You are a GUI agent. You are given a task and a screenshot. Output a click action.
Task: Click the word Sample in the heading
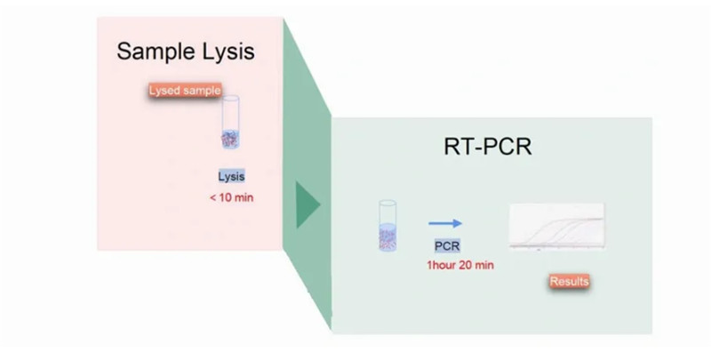(154, 51)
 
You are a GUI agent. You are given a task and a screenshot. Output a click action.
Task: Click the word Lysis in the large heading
(226, 51)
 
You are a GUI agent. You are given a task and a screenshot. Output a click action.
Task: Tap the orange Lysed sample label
(185, 90)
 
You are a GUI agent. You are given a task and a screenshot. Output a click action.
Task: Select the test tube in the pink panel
(231, 124)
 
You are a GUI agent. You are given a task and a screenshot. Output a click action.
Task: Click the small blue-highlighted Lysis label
(231, 176)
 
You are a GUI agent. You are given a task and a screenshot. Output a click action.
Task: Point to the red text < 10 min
(231, 197)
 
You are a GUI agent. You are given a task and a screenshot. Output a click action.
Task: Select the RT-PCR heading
(488, 146)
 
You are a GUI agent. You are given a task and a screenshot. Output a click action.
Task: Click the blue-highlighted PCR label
(446, 246)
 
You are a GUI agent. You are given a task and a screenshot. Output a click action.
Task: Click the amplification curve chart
(556, 227)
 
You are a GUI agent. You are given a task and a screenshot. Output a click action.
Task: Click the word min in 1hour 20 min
(484, 265)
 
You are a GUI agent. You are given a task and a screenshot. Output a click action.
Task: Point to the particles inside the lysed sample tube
(231, 139)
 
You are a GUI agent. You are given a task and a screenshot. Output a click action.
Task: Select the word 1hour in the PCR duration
(442, 265)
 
